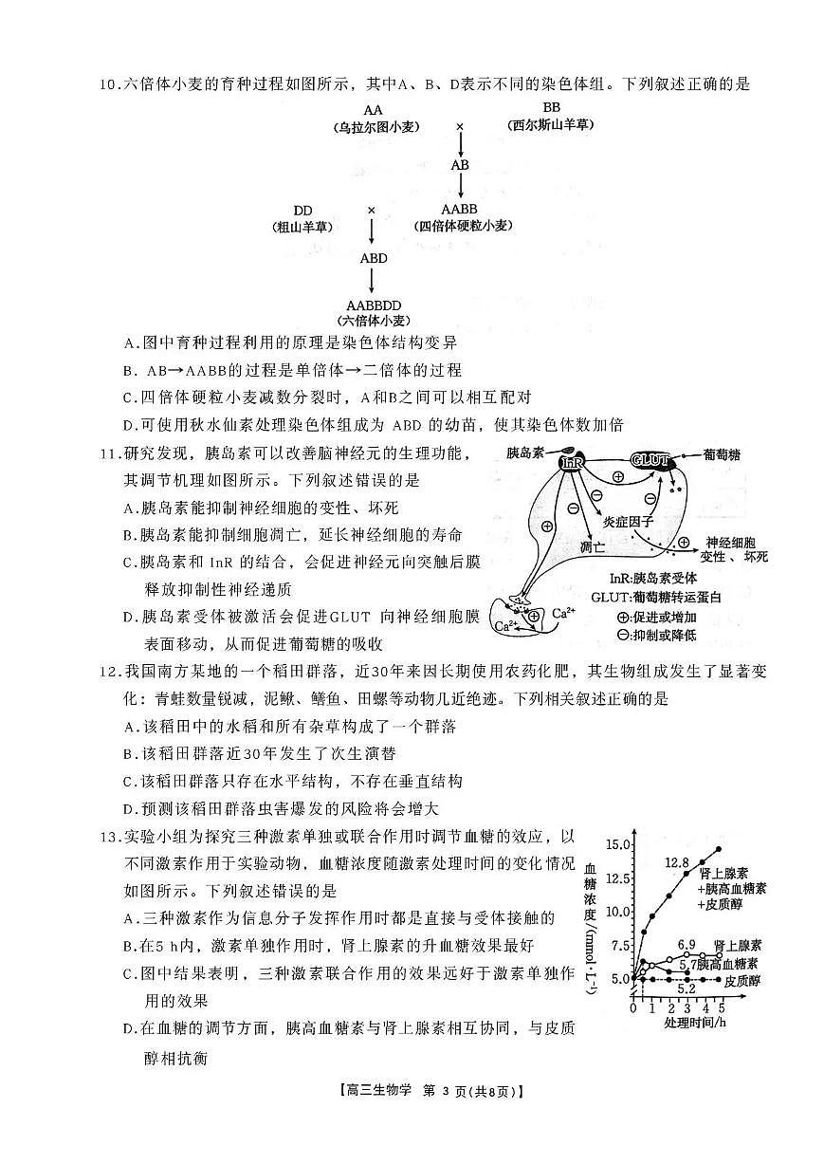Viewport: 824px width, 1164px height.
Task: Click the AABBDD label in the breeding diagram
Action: pyautogui.click(x=371, y=305)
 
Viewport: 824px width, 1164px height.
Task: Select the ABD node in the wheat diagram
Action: pyautogui.click(x=373, y=257)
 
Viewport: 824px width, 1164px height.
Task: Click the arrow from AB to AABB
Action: pyautogui.click(x=460, y=187)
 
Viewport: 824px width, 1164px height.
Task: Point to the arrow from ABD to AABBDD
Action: pyautogui.click(x=372, y=281)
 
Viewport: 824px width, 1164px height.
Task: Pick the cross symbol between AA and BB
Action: pyautogui.click(x=460, y=125)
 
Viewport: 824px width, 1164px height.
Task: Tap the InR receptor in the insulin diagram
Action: pyautogui.click(x=573, y=462)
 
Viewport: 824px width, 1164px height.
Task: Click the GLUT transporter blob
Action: pyautogui.click(x=652, y=461)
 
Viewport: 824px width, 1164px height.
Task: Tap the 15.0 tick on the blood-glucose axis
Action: pyautogui.click(x=617, y=843)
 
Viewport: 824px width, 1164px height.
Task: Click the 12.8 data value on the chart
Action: pyautogui.click(x=676, y=862)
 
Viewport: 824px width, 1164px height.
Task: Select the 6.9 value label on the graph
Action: pyautogui.click(x=687, y=944)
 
